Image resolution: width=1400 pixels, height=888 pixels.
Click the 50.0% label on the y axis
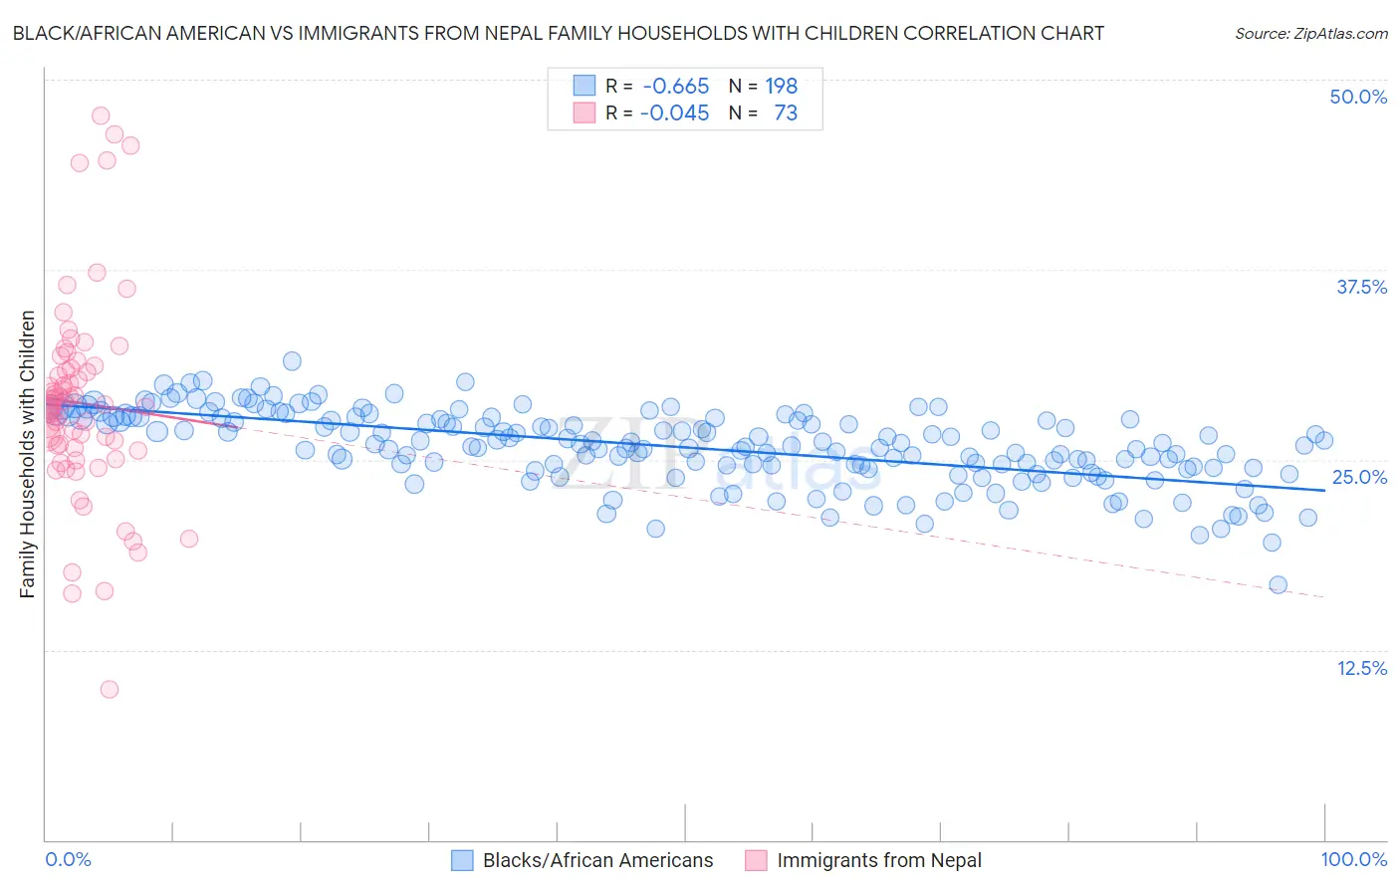coord(1358,97)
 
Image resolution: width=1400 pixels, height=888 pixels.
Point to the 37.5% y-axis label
coord(1361,287)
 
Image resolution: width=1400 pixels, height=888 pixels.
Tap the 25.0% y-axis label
coord(1359,477)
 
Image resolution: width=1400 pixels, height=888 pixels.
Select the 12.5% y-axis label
coord(1361,668)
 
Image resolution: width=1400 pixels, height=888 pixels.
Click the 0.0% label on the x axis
coord(68,859)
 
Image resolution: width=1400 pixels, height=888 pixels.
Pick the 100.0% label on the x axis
coord(1353,859)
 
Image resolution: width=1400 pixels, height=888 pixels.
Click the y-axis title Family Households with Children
coord(27,454)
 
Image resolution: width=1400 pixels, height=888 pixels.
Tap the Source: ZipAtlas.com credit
coord(1310,33)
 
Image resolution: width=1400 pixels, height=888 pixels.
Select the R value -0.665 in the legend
coord(676,87)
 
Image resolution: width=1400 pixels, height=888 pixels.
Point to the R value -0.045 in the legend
coord(674,113)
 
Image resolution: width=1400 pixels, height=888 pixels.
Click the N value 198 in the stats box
coord(781,87)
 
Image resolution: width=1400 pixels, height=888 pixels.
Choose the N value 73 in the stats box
coord(786,113)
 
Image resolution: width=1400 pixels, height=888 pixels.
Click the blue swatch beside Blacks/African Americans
coord(462,860)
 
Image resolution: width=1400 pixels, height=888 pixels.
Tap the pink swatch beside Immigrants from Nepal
coord(756,860)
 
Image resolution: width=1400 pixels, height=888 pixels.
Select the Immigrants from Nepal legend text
coord(879,860)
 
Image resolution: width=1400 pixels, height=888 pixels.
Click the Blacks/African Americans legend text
coord(597,860)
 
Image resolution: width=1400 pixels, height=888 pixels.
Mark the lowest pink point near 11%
coord(110,689)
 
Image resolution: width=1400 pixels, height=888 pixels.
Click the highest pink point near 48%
coord(101,115)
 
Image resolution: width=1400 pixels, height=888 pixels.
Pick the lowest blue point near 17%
coord(1278,585)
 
